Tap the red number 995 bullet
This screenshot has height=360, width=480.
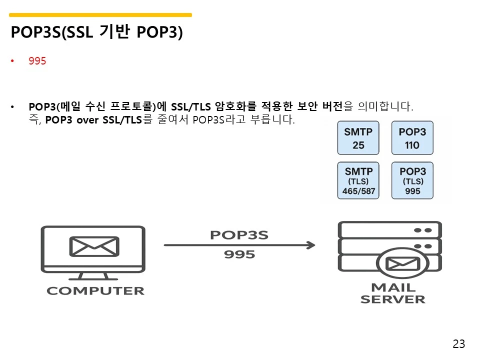point(37,61)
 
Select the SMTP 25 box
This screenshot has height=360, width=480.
point(358,138)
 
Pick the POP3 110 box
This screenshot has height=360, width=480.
point(412,138)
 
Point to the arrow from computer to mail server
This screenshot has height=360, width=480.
point(239,245)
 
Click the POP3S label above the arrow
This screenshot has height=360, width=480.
point(239,235)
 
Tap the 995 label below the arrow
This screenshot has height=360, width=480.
point(239,254)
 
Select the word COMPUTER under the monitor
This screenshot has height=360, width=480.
point(95,290)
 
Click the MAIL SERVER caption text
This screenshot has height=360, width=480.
point(392,293)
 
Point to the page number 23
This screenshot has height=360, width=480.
point(458,344)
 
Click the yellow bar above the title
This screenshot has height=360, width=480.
point(100,15)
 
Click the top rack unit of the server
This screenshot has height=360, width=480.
point(390,230)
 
